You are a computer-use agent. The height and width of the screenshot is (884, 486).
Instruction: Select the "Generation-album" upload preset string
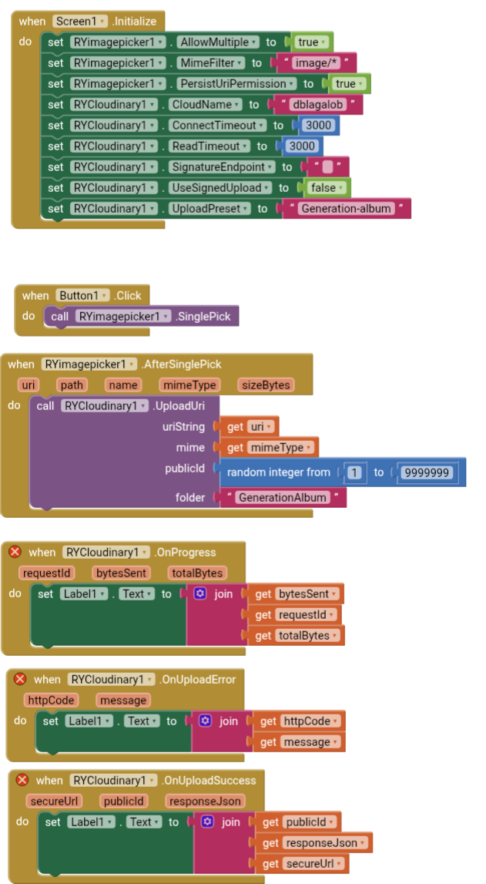(x=347, y=209)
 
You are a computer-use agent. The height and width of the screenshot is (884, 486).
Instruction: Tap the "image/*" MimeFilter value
(x=319, y=63)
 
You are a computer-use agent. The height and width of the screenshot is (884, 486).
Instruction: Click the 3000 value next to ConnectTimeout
(x=318, y=126)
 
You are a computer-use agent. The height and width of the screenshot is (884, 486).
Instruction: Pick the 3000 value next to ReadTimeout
(x=302, y=146)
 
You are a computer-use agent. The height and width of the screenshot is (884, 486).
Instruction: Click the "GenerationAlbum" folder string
(x=283, y=498)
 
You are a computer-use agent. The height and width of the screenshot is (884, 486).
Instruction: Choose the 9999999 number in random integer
(x=428, y=472)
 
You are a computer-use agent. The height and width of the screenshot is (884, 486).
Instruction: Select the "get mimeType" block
(x=270, y=447)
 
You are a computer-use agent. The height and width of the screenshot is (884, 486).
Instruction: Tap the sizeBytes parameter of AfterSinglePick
(x=265, y=385)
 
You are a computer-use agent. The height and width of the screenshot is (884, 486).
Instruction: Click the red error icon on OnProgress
(x=15, y=552)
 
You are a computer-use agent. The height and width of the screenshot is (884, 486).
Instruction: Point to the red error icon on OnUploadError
(x=20, y=679)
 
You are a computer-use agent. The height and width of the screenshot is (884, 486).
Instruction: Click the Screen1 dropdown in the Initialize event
(x=81, y=22)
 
